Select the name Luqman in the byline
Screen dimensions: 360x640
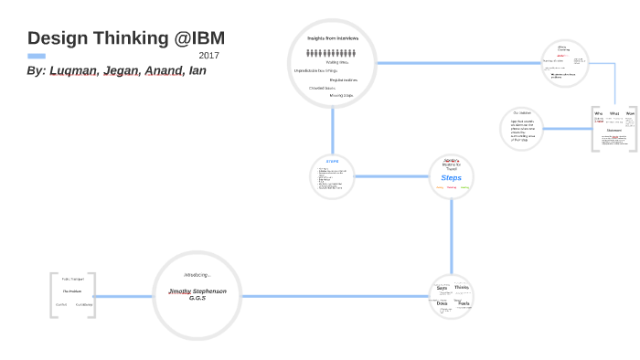point(73,70)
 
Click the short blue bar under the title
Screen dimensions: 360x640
point(37,56)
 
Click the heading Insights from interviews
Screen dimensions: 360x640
point(333,38)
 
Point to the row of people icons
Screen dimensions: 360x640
point(332,53)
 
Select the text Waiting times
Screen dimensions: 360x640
point(338,62)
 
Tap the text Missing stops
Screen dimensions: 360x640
point(342,95)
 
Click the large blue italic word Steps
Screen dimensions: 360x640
point(452,177)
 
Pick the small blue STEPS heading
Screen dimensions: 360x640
point(332,161)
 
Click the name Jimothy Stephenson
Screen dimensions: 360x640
point(197,291)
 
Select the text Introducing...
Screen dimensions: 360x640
point(197,274)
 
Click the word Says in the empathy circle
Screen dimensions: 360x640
point(442,288)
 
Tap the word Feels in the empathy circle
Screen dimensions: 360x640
point(464,302)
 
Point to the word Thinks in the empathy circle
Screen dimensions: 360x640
point(462,288)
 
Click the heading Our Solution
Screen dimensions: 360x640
point(521,112)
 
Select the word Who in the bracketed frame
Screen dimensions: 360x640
point(600,113)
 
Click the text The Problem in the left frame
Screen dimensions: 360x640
point(72,291)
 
